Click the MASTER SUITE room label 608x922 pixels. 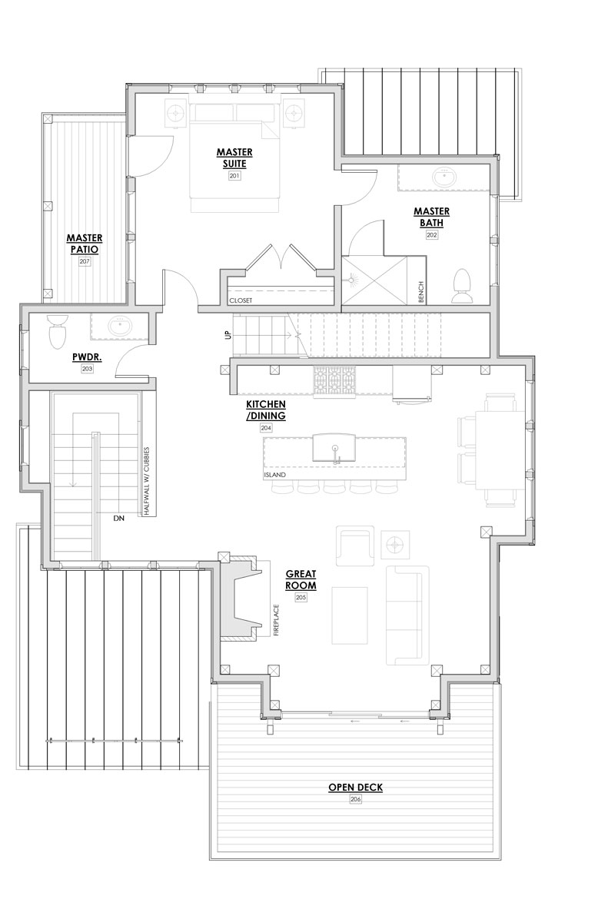click(x=234, y=158)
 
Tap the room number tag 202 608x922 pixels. click(x=431, y=234)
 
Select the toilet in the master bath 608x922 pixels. click(x=462, y=286)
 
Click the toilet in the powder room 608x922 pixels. click(x=57, y=331)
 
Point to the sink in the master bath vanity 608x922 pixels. click(x=444, y=177)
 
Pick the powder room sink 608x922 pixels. click(x=120, y=327)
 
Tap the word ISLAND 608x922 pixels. click(x=274, y=475)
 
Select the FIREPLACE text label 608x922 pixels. click(x=276, y=620)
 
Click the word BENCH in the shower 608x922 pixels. click(x=420, y=292)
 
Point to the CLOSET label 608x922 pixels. click(x=241, y=300)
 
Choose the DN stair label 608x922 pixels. click(x=119, y=518)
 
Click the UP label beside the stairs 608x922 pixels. click(x=228, y=335)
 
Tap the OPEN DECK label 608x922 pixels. click(x=355, y=788)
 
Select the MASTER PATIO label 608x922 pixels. click(x=85, y=244)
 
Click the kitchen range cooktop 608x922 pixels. click(x=334, y=382)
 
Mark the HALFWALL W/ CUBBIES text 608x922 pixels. click(x=147, y=481)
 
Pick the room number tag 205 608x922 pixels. click(x=301, y=597)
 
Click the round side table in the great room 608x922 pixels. click(x=396, y=546)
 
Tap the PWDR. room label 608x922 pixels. click(x=87, y=357)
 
